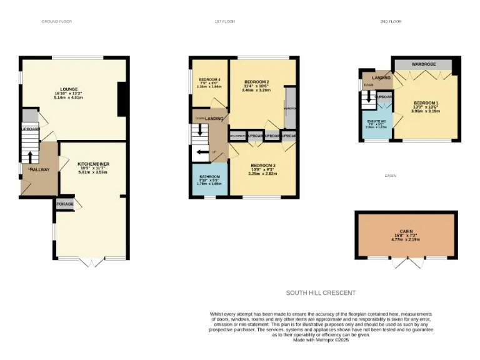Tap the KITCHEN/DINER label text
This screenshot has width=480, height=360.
click(x=93, y=164)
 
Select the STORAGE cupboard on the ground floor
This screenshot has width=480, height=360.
click(x=65, y=204)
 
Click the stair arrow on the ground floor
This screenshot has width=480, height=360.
click(x=27, y=157)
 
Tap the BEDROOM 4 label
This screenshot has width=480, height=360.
click(x=209, y=79)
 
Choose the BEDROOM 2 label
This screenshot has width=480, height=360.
click(x=256, y=82)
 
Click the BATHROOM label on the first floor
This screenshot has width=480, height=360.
click(x=209, y=177)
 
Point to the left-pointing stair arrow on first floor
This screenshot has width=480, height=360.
click(x=201, y=152)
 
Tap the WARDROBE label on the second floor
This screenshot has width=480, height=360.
click(x=423, y=65)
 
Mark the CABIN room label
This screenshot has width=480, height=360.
click(x=406, y=231)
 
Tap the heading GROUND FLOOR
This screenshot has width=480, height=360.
click(x=57, y=22)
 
